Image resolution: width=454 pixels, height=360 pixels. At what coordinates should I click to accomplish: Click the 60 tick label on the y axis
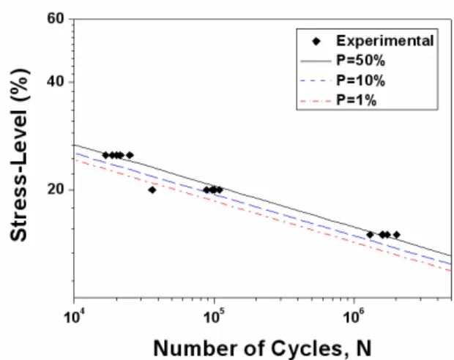56,18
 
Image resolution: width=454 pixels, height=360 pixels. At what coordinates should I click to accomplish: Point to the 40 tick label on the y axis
56,82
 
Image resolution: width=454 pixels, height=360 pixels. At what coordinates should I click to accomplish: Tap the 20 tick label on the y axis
56,190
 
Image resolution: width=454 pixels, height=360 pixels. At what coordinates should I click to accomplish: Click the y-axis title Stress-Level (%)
20,155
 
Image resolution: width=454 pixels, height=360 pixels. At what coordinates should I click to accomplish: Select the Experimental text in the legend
384,41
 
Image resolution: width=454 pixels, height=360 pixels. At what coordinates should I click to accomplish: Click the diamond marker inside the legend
316,42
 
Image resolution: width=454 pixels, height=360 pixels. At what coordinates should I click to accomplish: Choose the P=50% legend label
360,61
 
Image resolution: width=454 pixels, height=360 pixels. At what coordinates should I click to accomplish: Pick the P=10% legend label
360,80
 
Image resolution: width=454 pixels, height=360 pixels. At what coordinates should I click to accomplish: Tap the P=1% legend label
356,100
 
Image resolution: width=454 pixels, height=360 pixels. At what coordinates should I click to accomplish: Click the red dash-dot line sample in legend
316,101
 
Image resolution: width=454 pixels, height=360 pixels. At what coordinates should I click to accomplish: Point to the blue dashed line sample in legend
316,81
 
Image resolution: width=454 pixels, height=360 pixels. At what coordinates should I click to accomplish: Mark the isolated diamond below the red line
152,190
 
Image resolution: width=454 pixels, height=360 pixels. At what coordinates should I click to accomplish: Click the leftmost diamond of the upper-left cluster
105,155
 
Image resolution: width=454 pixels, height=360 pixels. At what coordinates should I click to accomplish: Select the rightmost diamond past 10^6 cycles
397,235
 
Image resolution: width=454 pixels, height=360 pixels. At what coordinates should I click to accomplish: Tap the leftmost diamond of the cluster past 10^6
370,235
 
